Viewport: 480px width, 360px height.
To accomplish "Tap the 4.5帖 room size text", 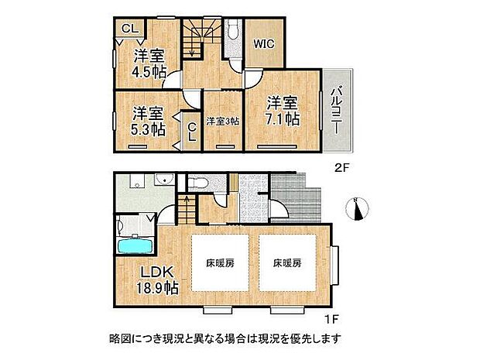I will pyautogui.click(x=149, y=72).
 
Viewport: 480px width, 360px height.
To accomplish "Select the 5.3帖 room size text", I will pyautogui.click(x=147, y=129).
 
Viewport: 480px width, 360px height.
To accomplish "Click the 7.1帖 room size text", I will pyautogui.click(x=283, y=120).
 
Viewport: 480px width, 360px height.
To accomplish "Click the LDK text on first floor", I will pyautogui.click(x=161, y=272).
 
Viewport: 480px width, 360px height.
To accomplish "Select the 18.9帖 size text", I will pyautogui.click(x=160, y=288).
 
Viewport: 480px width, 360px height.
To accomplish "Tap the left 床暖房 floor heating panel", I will pyautogui.click(x=220, y=263).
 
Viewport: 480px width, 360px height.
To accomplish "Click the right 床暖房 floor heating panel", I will pyautogui.click(x=286, y=263).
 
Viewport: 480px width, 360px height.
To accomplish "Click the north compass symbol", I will pyautogui.click(x=360, y=207).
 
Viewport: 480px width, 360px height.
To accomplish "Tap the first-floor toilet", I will pyautogui.click(x=197, y=183).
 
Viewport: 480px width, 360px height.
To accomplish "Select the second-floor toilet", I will pyautogui.click(x=233, y=30).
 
